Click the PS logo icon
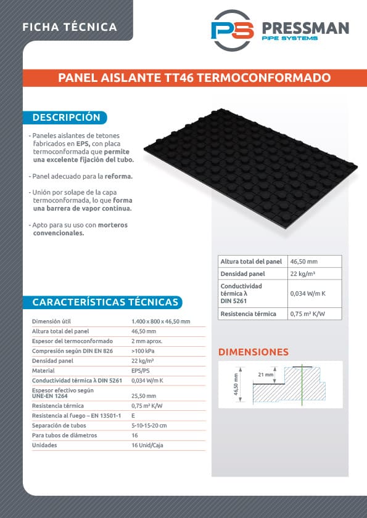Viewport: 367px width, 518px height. click(232, 31)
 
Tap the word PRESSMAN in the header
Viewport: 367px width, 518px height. click(305, 28)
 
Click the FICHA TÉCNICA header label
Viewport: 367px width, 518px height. click(69, 27)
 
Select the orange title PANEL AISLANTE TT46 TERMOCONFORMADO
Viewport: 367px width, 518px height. click(194, 78)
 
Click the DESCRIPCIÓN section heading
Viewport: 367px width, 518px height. click(66, 117)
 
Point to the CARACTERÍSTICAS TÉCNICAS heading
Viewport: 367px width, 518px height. click(105, 302)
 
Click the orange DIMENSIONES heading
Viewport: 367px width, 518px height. click(254, 352)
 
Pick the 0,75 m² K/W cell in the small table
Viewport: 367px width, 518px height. click(307, 314)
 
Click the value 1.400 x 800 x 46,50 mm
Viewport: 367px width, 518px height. click(160, 322)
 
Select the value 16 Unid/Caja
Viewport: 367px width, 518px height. click(147, 445)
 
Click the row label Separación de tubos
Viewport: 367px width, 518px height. click(58, 425)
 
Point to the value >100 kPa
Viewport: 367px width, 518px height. click(143, 350)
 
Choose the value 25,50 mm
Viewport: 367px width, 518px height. click(144, 395)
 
